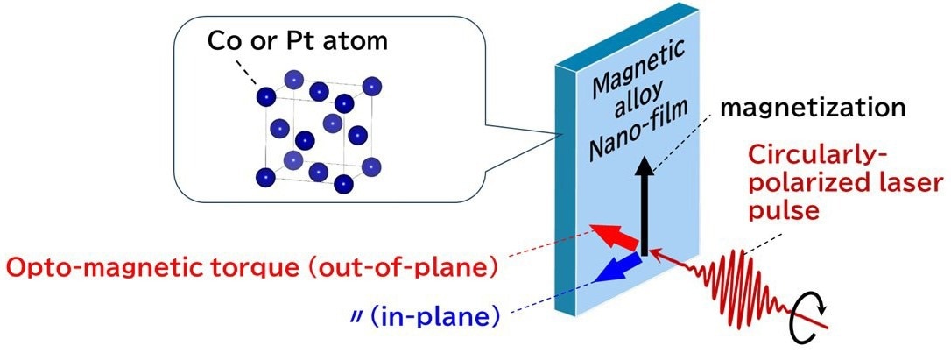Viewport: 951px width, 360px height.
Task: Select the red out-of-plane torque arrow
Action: tap(615, 237)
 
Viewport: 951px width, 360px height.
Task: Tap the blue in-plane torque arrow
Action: tap(617, 268)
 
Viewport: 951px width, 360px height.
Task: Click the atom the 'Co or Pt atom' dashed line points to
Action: tap(265, 96)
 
